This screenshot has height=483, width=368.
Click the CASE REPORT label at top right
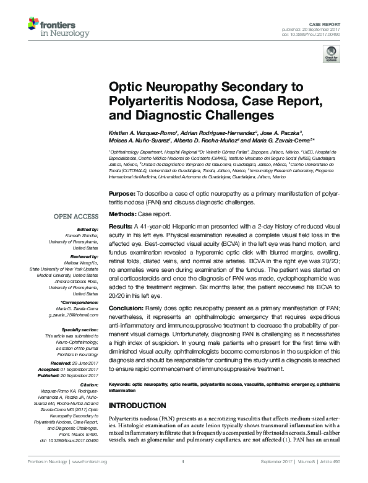point(325,24)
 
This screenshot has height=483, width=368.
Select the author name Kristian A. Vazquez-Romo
point(143,133)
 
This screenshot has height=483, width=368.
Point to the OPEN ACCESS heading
point(75,217)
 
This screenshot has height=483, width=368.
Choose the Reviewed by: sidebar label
point(83,255)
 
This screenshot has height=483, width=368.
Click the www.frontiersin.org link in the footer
point(90,478)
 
